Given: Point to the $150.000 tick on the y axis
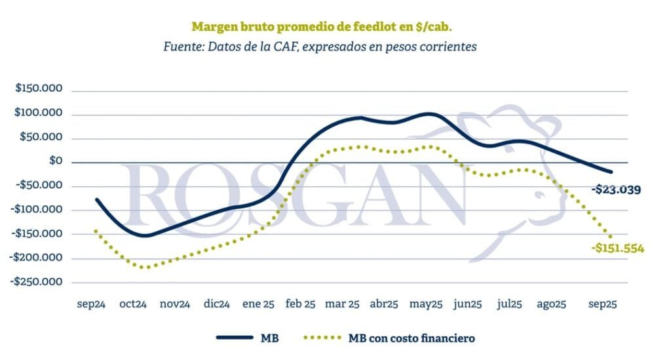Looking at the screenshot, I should point(39,90).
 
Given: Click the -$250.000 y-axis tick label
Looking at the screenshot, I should point(36,282).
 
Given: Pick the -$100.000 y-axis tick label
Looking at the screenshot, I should point(36,210).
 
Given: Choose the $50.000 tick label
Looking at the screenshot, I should point(41,138).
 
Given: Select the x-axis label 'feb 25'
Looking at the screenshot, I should point(300,304).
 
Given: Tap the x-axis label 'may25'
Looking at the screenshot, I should point(426,304).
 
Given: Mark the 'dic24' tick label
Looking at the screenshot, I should point(216,304).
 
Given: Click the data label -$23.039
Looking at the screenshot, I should point(616,190).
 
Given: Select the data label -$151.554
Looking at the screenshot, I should point(618,249).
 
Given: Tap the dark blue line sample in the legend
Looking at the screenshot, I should point(234,338).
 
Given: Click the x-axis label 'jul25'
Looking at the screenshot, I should point(508,304).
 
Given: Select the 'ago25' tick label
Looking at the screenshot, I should point(551,304).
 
